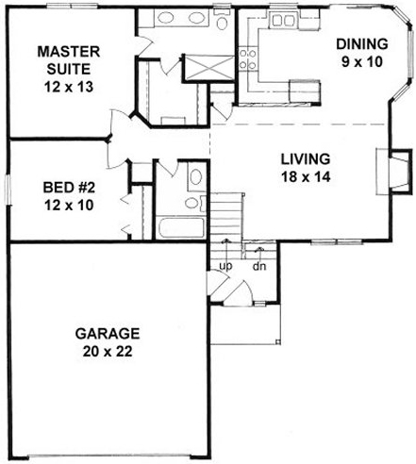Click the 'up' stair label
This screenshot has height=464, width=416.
225,266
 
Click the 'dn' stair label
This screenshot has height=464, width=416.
258,266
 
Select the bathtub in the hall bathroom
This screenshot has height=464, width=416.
178,228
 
